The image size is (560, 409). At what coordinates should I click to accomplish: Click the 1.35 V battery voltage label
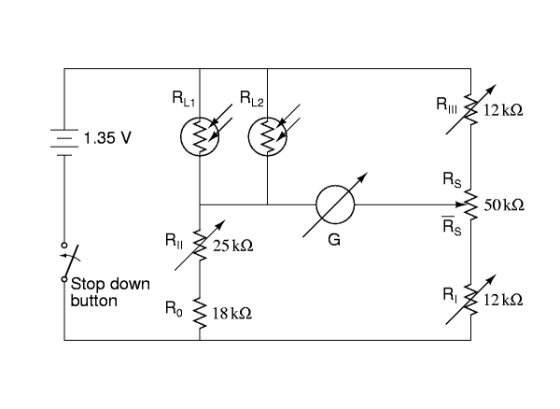point(107,138)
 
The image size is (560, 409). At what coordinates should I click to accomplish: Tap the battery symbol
point(64,143)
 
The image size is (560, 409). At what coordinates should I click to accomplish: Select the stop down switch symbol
point(68,261)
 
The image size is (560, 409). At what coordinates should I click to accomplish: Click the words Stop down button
point(110,292)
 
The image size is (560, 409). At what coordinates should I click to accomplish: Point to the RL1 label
point(184,98)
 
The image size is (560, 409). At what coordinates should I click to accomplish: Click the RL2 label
point(251,98)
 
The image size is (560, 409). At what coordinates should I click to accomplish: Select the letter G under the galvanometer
point(334,240)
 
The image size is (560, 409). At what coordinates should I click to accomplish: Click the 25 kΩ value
point(232,246)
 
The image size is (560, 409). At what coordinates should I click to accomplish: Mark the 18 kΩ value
point(232,313)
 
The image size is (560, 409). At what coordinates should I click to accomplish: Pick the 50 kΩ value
point(504,205)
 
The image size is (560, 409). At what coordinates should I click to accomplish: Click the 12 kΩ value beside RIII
point(503,110)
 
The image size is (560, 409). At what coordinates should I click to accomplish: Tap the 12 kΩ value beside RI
point(503,300)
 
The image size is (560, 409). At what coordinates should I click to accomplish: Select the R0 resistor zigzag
point(200,313)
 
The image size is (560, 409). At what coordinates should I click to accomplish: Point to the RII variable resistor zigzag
point(200,246)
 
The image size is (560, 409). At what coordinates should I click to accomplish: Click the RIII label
point(446,105)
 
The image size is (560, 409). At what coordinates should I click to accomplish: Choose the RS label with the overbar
point(452,226)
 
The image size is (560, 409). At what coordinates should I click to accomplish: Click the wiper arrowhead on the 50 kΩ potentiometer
point(460,204)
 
